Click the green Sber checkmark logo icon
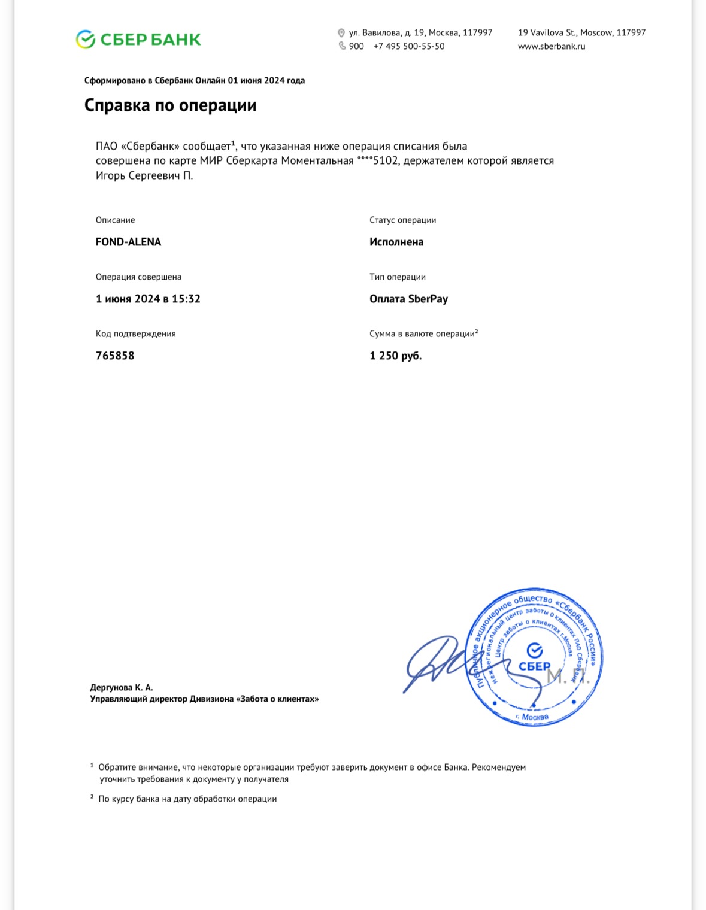tap(86, 40)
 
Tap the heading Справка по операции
tap(170, 105)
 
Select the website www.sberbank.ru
tap(552, 46)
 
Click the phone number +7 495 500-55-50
tap(409, 46)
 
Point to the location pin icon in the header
tap(341, 33)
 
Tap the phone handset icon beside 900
tap(342, 46)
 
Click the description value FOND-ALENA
tap(128, 242)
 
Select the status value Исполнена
tap(396, 242)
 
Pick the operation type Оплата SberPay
tap(408, 299)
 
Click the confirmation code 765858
tap(115, 356)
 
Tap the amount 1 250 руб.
tap(395, 356)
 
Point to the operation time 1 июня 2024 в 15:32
tap(148, 299)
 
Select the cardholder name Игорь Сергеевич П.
tap(144, 175)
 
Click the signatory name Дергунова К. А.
tap(122, 687)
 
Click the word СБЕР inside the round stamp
tap(534, 666)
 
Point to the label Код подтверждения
tap(136, 333)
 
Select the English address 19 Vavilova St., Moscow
tap(581, 32)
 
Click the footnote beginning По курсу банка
tap(187, 799)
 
